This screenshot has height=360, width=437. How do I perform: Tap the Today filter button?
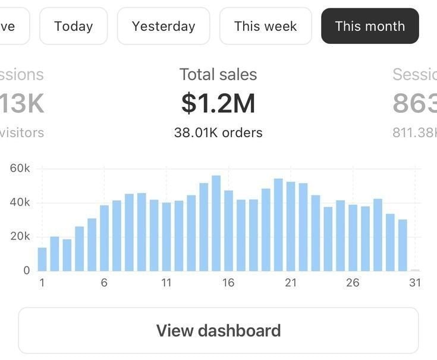[74, 26]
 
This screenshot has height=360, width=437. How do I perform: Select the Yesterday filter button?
[164, 26]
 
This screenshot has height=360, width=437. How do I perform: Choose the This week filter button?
[265, 26]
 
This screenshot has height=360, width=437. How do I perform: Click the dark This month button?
[370, 26]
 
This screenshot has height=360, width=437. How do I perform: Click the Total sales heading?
[218, 74]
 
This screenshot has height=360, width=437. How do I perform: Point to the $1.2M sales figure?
[218, 103]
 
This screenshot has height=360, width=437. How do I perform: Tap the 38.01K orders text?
[218, 132]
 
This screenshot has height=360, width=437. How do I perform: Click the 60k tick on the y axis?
[20, 169]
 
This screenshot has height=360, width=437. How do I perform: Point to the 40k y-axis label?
[20, 203]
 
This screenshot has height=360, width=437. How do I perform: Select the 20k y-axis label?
[20, 236]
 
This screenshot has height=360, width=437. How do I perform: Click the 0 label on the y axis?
[26, 270]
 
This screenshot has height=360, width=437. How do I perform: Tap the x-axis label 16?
[228, 283]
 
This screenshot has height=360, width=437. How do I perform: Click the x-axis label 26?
[353, 283]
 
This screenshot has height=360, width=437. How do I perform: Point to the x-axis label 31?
[415, 283]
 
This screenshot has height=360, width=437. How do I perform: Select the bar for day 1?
[42, 259]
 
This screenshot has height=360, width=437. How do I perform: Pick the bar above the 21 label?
[291, 226]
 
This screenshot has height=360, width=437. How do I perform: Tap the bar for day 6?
[105, 238]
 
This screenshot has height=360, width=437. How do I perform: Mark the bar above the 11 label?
[166, 237]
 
